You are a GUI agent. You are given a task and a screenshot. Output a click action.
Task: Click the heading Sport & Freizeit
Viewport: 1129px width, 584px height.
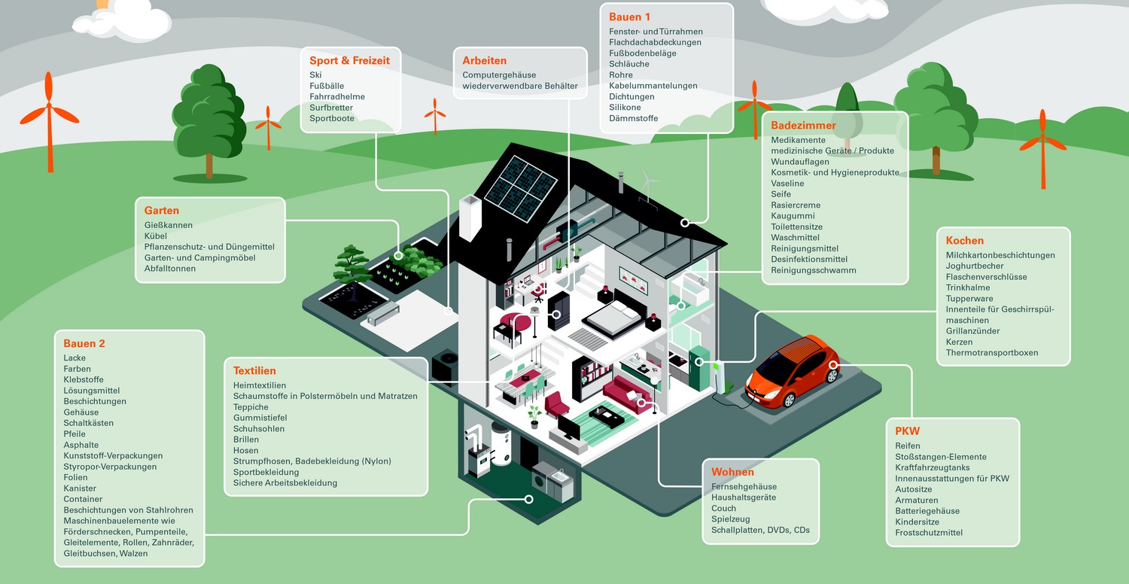[349, 61]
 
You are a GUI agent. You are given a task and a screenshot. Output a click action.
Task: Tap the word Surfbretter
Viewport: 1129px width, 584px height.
[331, 108]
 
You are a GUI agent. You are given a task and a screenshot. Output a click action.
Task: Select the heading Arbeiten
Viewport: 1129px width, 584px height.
[485, 61]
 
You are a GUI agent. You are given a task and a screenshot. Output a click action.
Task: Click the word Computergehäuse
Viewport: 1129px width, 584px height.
[500, 75]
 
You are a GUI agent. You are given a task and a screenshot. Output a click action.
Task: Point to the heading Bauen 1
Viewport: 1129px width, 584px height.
[630, 17]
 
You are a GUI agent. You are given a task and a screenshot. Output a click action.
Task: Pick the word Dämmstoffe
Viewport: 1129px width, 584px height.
[634, 118]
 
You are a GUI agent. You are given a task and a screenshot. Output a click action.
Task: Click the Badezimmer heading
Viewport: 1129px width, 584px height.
[803, 126]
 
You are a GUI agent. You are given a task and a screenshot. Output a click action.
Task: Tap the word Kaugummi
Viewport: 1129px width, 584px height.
[793, 216]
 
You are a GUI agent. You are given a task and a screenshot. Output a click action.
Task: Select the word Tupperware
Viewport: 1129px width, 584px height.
[969, 299]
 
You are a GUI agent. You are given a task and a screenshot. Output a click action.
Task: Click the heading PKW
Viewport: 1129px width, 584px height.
[907, 431]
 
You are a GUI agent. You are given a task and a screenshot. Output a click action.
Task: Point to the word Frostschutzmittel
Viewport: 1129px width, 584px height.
[929, 533]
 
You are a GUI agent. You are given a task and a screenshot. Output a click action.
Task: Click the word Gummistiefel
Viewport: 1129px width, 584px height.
[261, 418]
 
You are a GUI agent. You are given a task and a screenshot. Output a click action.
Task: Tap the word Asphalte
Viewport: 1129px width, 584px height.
[81, 445]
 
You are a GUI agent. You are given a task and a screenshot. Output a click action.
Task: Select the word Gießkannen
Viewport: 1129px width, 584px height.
[169, 225]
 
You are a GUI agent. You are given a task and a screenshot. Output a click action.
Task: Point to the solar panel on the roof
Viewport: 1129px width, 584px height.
[520, 181]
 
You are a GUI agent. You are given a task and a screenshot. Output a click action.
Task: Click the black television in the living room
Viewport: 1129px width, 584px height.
[568, 428]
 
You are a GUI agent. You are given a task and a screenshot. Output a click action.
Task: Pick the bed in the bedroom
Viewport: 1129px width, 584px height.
[613, 316]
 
